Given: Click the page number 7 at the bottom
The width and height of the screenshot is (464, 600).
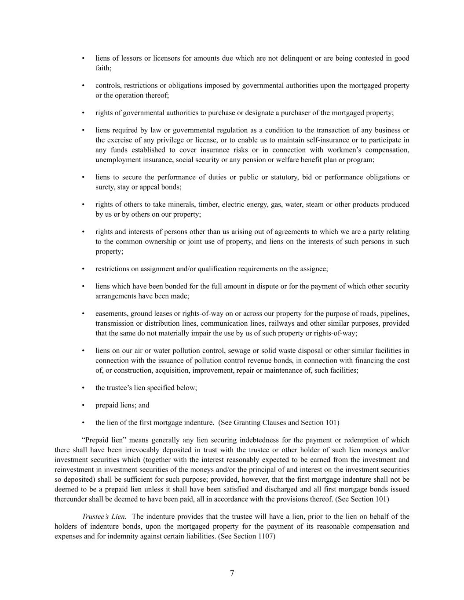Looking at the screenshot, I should click(232, 573).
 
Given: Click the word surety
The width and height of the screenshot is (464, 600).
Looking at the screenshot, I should click(104, 187).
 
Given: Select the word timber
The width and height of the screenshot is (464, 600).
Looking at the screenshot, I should click(207, 204).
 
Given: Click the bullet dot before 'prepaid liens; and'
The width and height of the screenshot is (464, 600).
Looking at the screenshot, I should click(84, 405).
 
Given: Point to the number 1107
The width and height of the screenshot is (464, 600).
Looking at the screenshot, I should click(265, 536).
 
